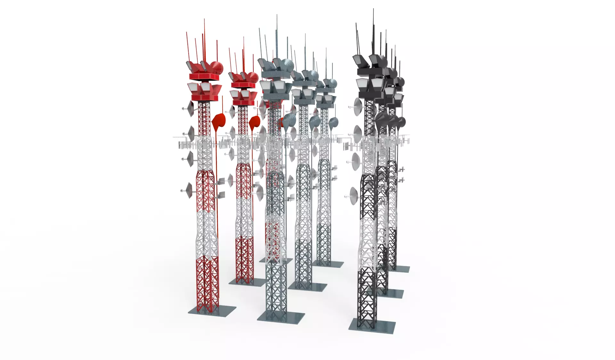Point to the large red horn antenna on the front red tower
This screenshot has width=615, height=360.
pos(219,122)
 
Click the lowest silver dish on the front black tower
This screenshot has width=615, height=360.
pos(354,195)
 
